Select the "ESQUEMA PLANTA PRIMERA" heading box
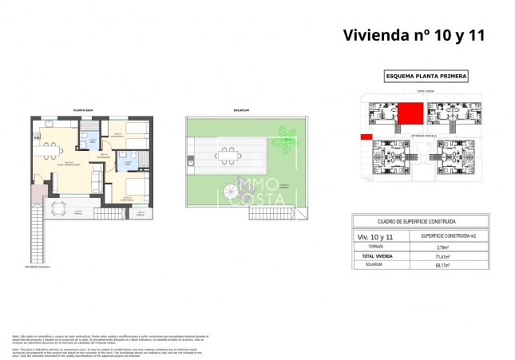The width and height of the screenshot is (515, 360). point(426,77)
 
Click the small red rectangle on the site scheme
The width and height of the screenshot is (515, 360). point(366,137)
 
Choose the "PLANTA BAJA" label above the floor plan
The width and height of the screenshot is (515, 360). point(85,110)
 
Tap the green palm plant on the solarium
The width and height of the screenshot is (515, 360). point(284,133)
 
